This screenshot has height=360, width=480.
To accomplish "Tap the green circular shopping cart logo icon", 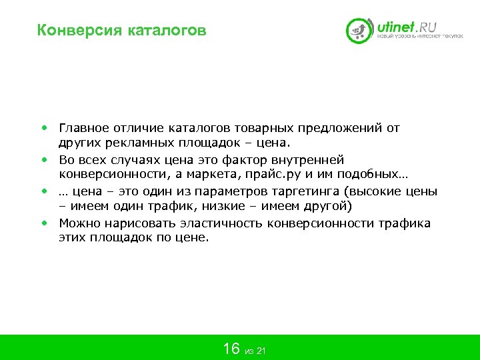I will [359, 30].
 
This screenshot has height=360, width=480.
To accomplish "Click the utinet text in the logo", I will [397, 27].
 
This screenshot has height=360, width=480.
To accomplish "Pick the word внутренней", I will [308, 160].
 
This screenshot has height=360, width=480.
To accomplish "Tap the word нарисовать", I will [133, 223].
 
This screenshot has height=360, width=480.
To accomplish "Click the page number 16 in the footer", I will [231, 348].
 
